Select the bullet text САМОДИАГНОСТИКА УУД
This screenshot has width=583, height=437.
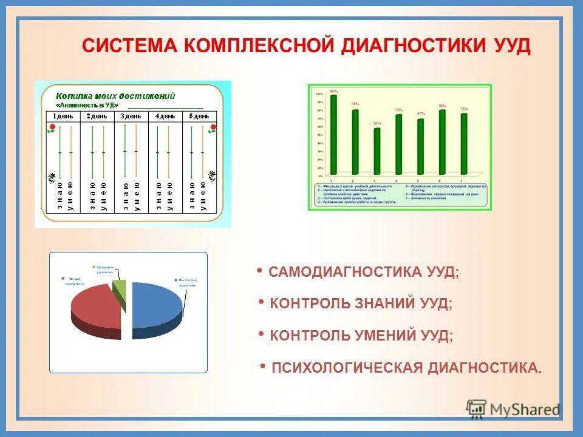[x=364, y=273]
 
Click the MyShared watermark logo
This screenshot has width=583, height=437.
[x=513, y=409]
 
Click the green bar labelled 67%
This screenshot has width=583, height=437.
[x=420, y=146]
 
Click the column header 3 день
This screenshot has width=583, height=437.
[x=131, y=116]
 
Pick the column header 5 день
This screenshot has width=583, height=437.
[x=199, y=116]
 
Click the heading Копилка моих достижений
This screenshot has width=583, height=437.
[x=115, y=96]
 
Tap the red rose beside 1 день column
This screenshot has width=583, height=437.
[x=52, y=128]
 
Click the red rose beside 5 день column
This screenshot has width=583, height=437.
[x=213, y=128]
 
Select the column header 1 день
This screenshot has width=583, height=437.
[x=63, y=116]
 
